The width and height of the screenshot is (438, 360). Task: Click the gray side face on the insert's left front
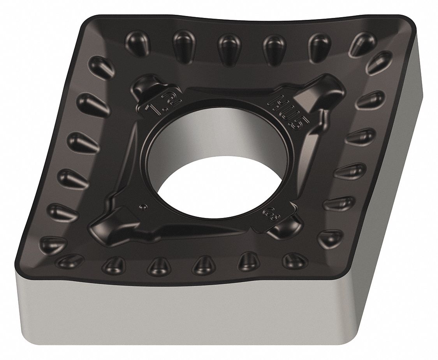point(156,311)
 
